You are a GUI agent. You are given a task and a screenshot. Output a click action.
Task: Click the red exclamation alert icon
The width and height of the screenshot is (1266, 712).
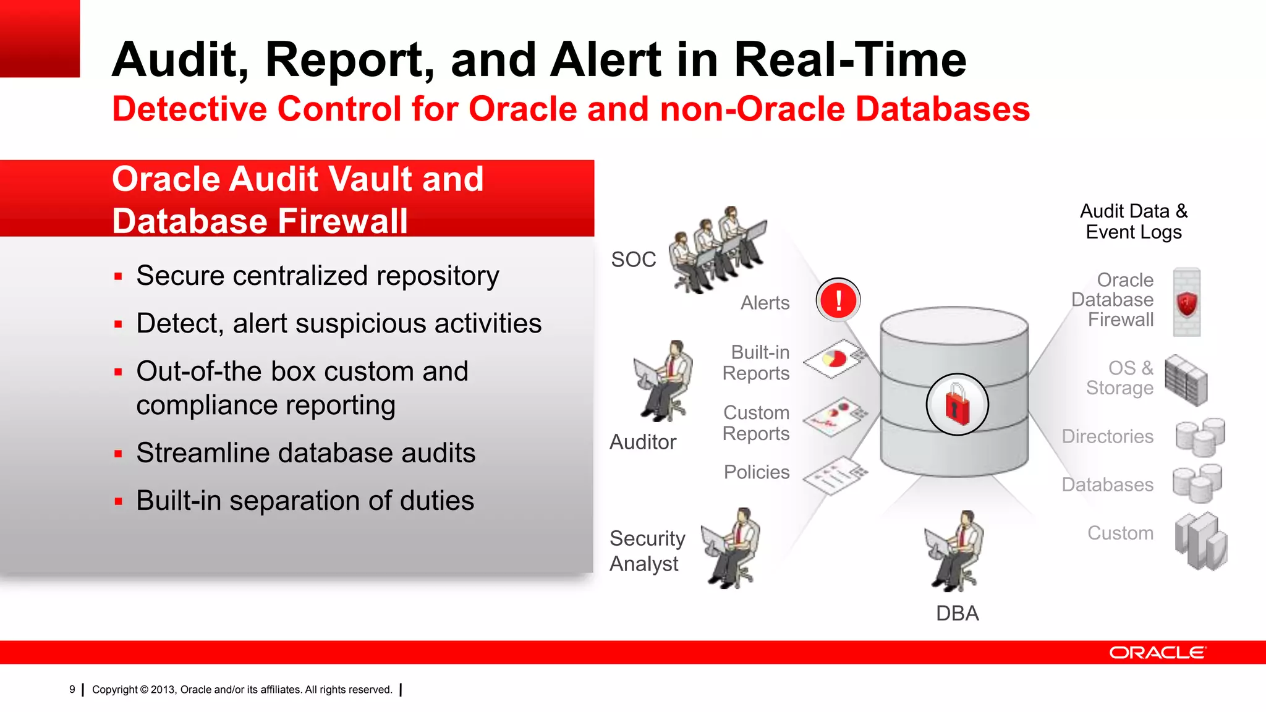[x=838, y=300]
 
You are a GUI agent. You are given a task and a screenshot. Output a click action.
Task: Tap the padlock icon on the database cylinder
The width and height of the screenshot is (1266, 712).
[x=957, y=405]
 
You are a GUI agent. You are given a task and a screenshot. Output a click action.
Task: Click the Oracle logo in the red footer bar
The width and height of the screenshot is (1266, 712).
[x=1157, y=653]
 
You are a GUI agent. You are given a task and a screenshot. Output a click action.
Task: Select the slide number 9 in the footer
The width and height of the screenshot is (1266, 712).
[x=72, y=689]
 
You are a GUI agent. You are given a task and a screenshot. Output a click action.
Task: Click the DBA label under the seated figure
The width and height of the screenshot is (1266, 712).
[x=957, y=613]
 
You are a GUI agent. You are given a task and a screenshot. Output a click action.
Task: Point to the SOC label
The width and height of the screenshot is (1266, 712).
[x=634, y=260]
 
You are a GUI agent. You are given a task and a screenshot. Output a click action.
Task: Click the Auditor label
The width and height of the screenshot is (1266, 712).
[x=643, y=442]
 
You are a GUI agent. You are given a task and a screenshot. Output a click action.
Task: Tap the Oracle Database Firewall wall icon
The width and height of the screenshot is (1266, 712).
[x=1186, y=302]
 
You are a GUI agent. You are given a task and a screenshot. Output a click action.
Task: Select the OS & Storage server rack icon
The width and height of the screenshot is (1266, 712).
[x=1186, y=380]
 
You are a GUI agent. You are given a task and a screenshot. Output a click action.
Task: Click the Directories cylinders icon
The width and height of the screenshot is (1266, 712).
[x=1200, y=436]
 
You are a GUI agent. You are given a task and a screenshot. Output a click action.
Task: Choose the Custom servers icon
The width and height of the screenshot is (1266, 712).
[x=1200, y=541]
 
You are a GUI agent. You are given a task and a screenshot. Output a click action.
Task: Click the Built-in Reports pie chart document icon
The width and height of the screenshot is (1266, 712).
[x=835, y=358]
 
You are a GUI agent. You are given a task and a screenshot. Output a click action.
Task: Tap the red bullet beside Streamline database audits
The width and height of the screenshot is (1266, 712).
[x=118, y=454]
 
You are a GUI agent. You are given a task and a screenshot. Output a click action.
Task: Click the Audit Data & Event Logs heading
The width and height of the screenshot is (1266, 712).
[x=1134, y=221]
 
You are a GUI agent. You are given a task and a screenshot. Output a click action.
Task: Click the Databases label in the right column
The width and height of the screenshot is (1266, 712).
[x=1107, y=485]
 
